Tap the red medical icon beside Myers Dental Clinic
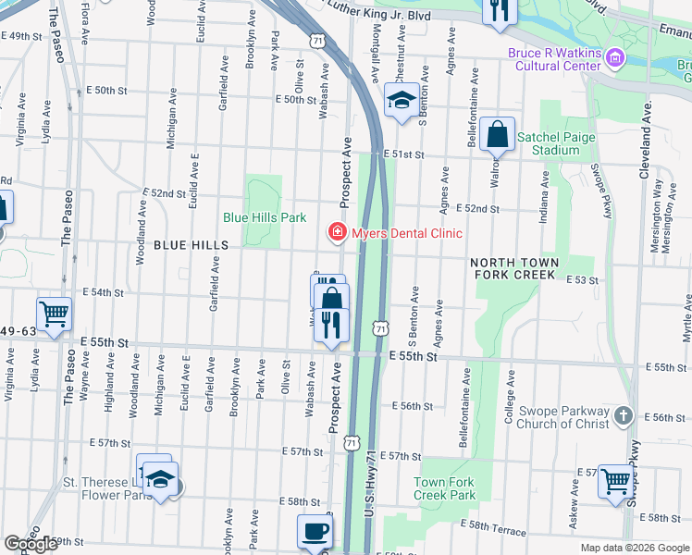[x=338, y=232]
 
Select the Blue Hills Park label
[x=264, y=218]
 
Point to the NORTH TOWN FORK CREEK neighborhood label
[x=515, y=269]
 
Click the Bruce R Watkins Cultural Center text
[x=555, y=60]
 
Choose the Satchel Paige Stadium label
[x=549, y=143]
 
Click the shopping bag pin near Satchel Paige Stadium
[x=497, y=135]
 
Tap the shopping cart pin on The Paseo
[x=55, y=313]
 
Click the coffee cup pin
[x=315, y=532]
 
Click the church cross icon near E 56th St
[x=624, y=417]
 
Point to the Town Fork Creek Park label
[x=444, y=488]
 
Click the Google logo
[x=31, y=544]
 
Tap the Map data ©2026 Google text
[x=634, y=548]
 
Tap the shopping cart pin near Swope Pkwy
[x=615, y=481]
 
